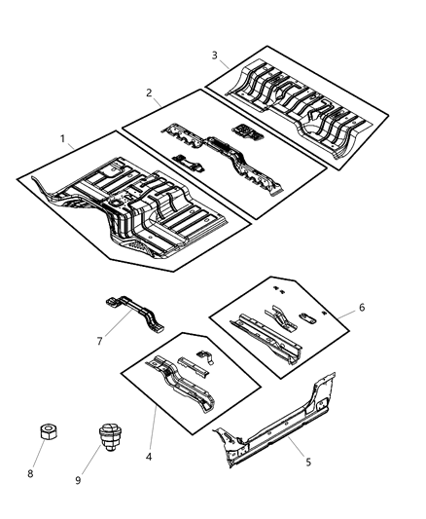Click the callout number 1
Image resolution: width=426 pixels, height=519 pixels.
pyautogui.click(x=63, y=139)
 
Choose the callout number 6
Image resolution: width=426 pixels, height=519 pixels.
pyautogui.click(x=362, y=308)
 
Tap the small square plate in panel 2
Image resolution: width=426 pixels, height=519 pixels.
pyautogui.click(x=245, y=130)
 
